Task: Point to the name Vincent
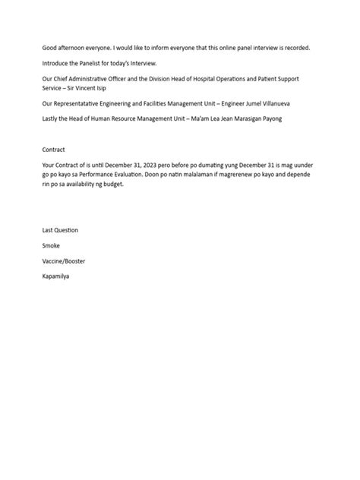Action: pos(89,88)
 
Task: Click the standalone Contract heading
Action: pos(54,150)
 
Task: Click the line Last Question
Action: pos(60,230)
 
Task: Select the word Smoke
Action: pos(52,246)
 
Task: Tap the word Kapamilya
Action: pos(56,276)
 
